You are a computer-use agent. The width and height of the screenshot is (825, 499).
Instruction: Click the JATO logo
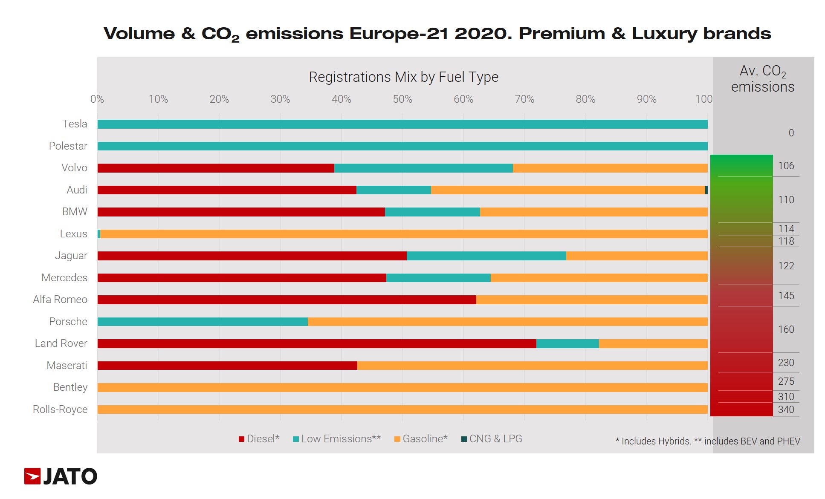61,476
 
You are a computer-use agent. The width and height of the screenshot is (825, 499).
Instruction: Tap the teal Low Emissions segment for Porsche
203,322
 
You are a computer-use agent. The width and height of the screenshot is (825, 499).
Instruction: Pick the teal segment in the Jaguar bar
486,256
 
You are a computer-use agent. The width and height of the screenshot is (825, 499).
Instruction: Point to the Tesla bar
402,124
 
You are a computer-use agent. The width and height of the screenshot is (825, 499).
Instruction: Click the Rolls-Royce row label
60,410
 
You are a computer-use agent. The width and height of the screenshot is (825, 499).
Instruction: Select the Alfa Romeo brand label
60,300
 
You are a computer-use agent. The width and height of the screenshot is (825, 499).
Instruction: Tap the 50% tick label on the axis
402,99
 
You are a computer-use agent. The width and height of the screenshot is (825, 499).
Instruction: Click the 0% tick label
97,99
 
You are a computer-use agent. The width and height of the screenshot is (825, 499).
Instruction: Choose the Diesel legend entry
259,439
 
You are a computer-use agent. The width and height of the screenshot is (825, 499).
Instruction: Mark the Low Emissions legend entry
337,439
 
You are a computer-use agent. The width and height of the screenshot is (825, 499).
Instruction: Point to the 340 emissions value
786,410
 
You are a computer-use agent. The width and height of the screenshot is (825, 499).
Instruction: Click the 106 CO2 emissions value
786,166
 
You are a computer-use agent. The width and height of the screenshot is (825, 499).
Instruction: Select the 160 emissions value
786,329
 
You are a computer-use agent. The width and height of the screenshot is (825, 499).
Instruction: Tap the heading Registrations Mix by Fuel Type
403,77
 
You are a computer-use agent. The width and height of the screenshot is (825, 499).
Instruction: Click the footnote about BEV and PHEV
708,441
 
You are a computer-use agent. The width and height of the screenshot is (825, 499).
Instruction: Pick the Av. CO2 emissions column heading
762,79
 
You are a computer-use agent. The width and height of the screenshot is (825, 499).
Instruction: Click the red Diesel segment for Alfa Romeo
287,300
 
